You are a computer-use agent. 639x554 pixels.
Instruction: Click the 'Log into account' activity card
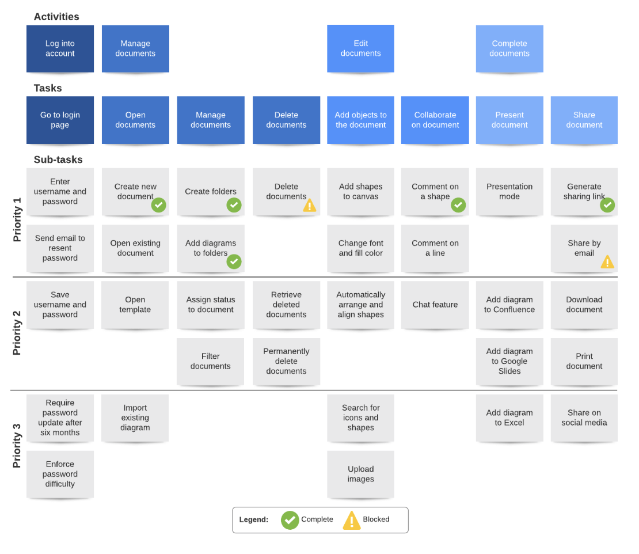click(60, 48)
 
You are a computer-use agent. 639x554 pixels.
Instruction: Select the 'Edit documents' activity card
click(360, 48)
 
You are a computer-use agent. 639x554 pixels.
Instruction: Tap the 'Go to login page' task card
click(60, 120)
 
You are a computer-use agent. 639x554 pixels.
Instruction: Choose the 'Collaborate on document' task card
click(435, 120)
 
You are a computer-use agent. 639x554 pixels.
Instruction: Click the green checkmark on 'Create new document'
click(158, 205)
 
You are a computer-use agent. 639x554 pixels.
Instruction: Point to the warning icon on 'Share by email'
click(607, 263)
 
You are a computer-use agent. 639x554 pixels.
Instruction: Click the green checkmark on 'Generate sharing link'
click(607, 205)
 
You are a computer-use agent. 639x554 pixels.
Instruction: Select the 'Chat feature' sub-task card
click(435, 305)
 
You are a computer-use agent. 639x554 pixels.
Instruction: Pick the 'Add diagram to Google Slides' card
click(509, 361)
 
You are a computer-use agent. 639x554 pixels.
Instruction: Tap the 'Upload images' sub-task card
click(360, 474)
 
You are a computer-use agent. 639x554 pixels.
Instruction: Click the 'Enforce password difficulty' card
click(60, 474)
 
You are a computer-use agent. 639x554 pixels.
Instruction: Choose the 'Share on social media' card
click(584, 418)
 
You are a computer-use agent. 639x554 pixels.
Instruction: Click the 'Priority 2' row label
click(17, 333)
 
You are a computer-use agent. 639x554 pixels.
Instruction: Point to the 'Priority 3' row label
click(17, 446)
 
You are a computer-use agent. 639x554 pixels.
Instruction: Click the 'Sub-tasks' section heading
click(58, 160)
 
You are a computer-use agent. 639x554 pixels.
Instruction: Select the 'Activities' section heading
click(56, 17)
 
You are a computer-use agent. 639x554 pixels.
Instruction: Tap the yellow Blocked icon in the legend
click(352, 520)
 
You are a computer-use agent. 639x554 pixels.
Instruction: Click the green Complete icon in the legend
click(290, 520)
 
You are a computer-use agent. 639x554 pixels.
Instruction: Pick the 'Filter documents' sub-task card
click(211, 361)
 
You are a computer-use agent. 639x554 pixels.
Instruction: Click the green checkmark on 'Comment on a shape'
click(458, 205)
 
